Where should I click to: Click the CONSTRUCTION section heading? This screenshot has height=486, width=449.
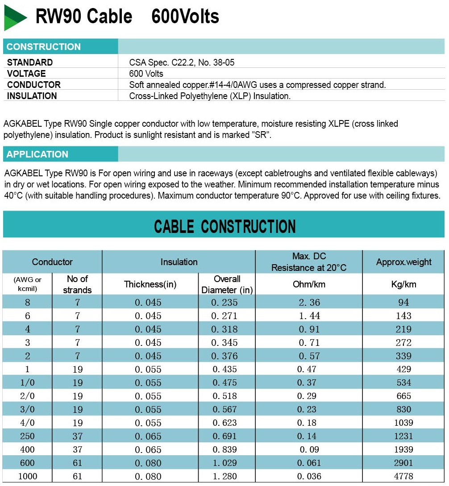44,47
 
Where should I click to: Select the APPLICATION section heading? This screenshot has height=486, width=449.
37,154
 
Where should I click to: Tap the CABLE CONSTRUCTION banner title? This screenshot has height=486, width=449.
224,226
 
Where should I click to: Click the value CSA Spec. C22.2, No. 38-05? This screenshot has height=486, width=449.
182,62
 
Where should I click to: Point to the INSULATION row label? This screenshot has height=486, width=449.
32,96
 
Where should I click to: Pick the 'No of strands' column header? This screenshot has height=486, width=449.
77,284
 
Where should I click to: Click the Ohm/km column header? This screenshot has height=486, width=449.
309,284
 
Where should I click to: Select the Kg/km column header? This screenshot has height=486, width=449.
403,284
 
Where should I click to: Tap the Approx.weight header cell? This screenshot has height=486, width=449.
403,262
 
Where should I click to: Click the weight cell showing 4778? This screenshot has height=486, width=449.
403,476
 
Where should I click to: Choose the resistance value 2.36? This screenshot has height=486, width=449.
309,303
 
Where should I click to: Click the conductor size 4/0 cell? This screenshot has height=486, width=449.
28,423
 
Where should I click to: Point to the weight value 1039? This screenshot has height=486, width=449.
403,423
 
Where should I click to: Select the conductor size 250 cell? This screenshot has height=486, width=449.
28,436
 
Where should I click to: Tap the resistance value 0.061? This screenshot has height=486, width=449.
309,463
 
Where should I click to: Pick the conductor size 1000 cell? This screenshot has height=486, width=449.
28,476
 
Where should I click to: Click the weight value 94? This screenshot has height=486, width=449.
403,303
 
